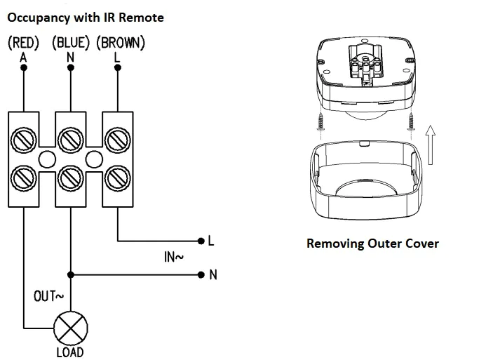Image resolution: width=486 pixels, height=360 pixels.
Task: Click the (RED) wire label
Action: coord(23,43)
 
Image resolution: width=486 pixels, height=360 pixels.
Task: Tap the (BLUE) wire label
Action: coord(71,43)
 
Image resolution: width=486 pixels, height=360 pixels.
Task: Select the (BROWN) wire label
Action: coord(120,43)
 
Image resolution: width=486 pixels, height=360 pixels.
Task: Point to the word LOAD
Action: coord(70,352)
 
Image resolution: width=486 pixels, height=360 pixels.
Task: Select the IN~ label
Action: coord(173,258)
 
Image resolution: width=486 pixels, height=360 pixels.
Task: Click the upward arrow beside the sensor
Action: coord(431,144)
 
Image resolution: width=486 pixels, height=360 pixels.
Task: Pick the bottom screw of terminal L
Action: coord(117,177)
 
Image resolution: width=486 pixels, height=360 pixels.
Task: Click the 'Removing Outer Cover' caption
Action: coord(372,244)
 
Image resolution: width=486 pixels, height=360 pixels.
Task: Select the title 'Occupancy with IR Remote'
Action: coord(86,15)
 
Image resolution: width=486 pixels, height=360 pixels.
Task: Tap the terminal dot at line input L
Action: coord(202,241)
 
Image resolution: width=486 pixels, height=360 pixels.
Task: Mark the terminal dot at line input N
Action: coord(202,274)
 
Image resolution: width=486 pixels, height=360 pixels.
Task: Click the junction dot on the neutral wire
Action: coord(70,274)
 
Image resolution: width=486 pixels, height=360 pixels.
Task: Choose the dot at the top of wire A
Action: coord(23,67)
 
